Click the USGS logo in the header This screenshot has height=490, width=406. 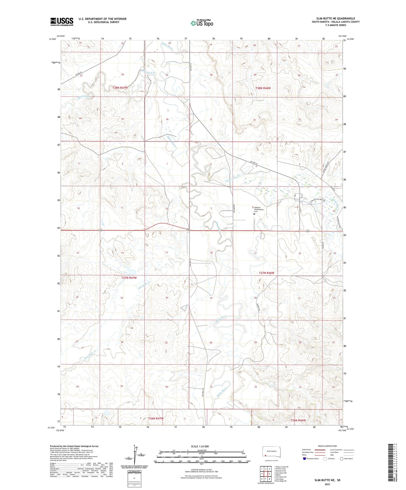point(62,22)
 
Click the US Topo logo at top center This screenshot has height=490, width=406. point(202,23)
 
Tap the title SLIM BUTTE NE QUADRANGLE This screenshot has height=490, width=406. point(336,19)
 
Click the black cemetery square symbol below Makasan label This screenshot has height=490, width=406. point(254,214)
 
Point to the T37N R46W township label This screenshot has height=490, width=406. point(266,273)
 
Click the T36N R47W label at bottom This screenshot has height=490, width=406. point(156,418)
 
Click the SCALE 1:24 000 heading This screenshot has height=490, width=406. point(200,446)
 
